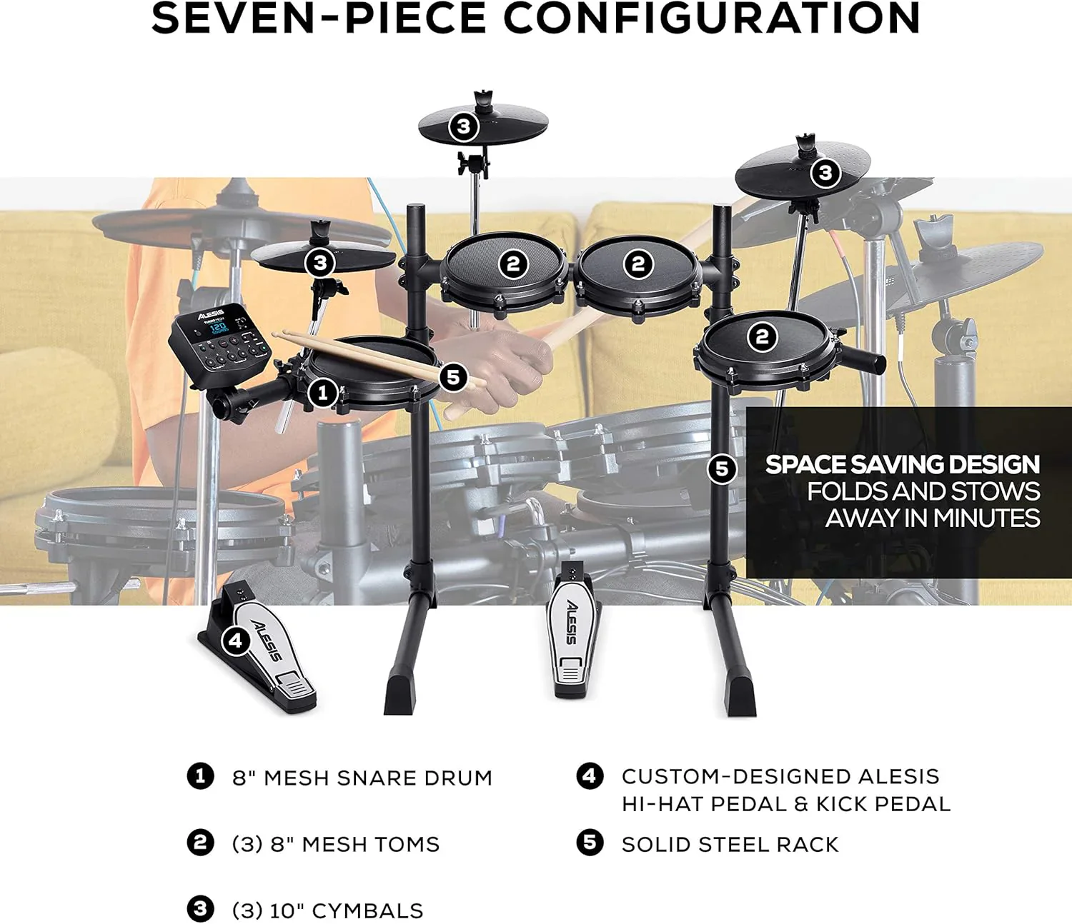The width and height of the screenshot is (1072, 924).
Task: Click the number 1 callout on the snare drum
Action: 322,392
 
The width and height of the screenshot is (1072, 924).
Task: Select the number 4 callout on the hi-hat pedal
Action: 236,641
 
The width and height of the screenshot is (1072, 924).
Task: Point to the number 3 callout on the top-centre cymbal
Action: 464,127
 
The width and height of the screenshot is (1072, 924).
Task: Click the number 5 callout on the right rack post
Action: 722,468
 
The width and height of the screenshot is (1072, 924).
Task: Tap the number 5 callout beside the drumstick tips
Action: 453,377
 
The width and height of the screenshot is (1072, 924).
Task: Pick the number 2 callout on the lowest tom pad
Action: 762,336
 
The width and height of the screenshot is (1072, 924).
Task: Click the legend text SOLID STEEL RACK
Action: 730,845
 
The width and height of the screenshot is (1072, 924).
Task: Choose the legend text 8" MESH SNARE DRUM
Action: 362,778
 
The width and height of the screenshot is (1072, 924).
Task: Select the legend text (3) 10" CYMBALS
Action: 327,910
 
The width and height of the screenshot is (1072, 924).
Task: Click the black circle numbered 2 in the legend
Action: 200,843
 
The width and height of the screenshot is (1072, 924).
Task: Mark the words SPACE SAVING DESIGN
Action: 902,465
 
